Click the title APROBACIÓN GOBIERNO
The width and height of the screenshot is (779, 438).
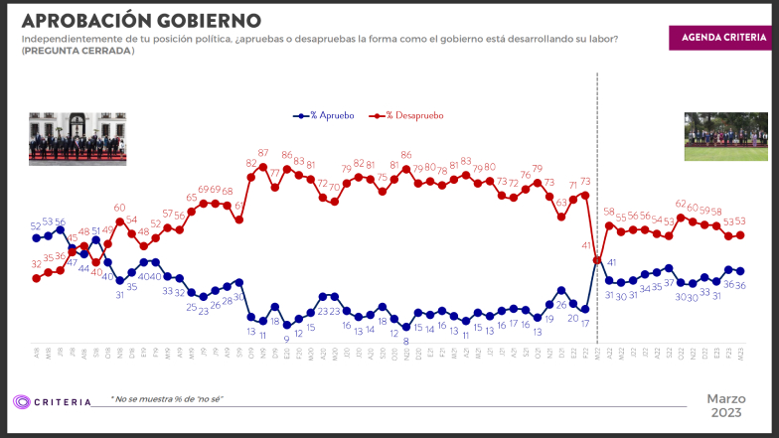tap(141, 20)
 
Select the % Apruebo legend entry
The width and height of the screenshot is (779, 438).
tap(323, 115)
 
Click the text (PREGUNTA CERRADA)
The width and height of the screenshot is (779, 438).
tap(78, 50)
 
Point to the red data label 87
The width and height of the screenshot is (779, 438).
tap(263, 153)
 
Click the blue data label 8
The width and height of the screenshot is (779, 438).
tap(406, 341)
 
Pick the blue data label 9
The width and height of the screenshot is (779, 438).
tap(286, 339)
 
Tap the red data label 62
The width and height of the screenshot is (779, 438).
tap(681, 204)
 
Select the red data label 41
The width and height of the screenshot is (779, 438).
tap(587, 245)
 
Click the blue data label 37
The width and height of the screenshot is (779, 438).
tap(669, 283)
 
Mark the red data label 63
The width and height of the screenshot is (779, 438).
tap(561, 203)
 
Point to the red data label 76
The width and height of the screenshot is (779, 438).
tap(525, 175)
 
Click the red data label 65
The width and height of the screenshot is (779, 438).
tap(192, 198)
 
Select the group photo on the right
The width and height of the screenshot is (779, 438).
tap(726, 136)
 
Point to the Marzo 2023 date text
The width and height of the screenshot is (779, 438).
tap(726, 405)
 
